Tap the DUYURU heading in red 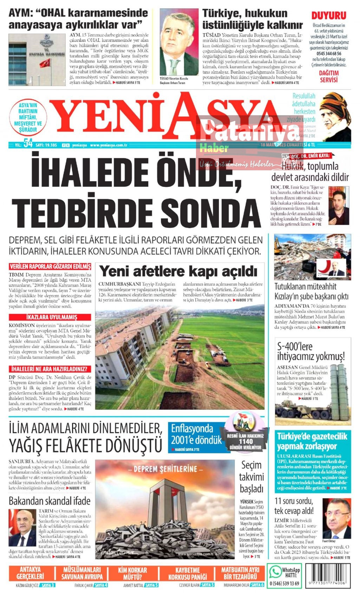(x=329, y=15)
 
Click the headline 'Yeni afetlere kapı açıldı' (x=178, y=271)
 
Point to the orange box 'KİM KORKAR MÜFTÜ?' (x=132, y=573)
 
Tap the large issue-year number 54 (x=28, y=144)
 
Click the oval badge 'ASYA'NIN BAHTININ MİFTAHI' (x=28, y=117)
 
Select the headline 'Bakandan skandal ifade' (x=50, y=501)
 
